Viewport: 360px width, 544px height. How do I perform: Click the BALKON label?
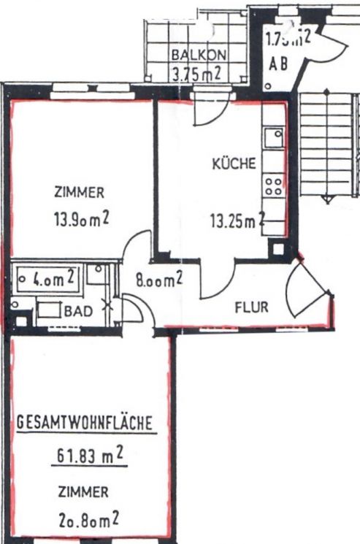pos(199,55)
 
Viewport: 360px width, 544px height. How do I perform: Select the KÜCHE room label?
pos(234,164)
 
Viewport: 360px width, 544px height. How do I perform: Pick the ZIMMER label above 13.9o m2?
pos(79,194)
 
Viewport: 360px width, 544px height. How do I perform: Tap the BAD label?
pos(79,311)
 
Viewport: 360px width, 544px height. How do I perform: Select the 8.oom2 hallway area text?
pos(158,279)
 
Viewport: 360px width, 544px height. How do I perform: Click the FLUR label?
pos(251,307)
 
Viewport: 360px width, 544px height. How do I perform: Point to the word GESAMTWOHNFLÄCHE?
pos(84,422)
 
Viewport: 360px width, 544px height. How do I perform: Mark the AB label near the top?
pos(278,64)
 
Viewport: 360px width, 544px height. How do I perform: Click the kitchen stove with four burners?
pos(274,184)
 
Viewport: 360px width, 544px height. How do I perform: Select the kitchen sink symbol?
pos(275,136)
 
